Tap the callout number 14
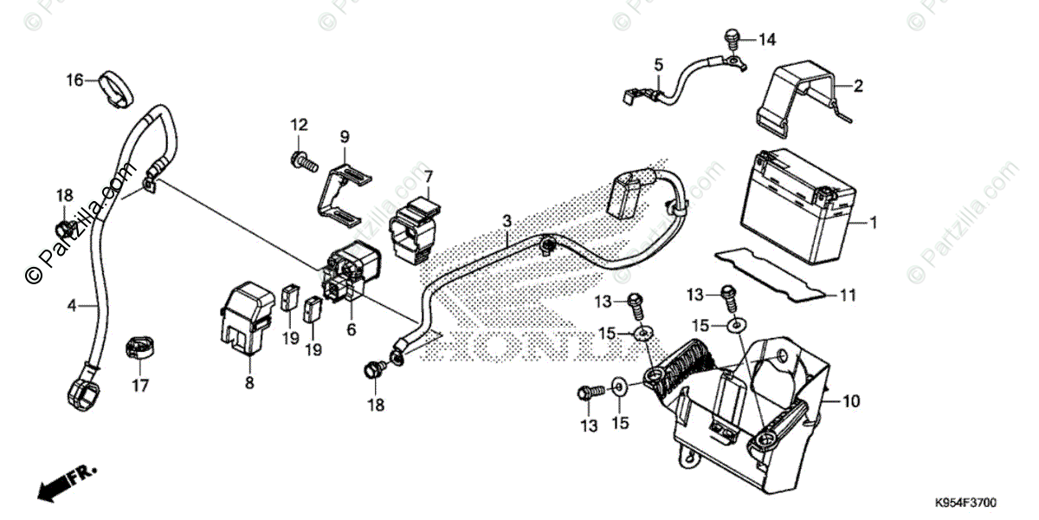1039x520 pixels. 767,40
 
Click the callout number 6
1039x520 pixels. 351,329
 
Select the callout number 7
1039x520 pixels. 429,177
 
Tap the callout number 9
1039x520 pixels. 344,136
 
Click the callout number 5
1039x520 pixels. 658,64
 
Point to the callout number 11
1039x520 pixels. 847,296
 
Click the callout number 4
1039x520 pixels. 73,304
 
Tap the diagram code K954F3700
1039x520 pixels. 965,503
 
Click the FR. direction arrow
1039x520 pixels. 65,480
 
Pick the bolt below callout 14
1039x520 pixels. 730,37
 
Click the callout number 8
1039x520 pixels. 249,382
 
